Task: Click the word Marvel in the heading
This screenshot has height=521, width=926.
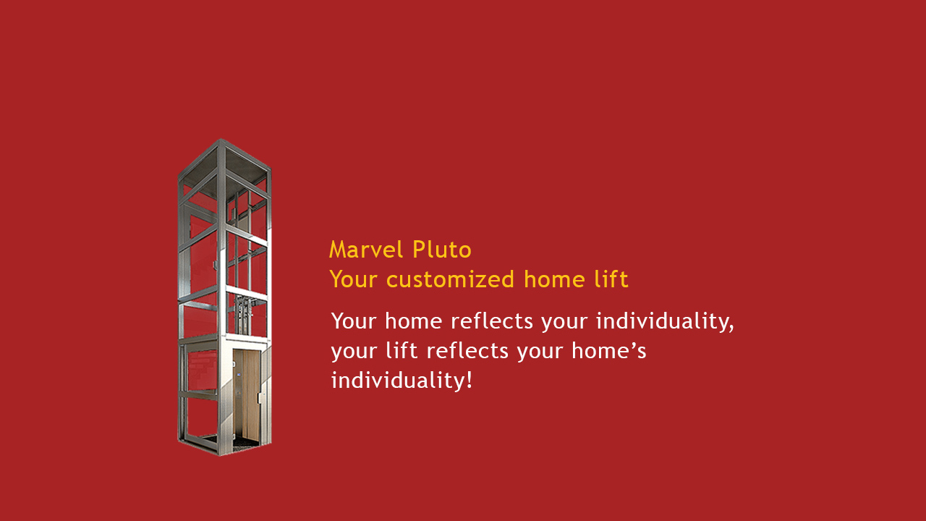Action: click(366, 250)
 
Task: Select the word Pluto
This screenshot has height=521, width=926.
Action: click(442, 250)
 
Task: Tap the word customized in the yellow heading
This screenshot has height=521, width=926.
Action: click(450, 279)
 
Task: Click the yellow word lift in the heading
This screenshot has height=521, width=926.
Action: click(611, 279)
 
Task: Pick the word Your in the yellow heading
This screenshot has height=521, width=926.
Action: click(354, 279)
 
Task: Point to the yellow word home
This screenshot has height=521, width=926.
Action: click(554, 279)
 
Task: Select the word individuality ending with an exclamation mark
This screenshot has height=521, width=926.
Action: click(402, 380)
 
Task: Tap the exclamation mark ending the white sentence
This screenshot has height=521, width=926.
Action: click(469, 380)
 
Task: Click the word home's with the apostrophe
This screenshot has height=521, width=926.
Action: click(608, 351)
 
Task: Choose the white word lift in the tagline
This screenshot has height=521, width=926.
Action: click(402, 351)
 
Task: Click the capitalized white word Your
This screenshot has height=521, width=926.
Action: click(354, 321)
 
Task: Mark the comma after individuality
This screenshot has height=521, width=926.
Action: click(731, 329)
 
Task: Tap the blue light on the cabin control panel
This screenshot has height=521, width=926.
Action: click(239, 375)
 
